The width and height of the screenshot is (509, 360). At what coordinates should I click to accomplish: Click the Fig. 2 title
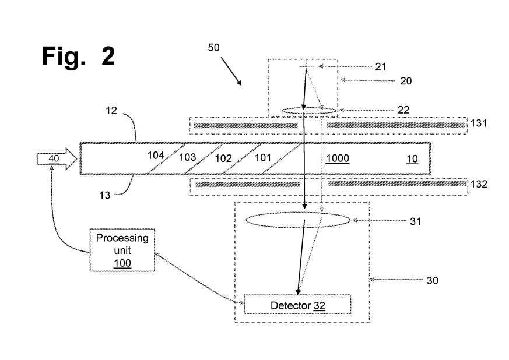pyautogui.click(x=78, y=57)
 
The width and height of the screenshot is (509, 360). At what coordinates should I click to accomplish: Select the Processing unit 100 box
pyautogui.click(x=122, y=250)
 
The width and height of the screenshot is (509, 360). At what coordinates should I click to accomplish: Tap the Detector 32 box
pyautogui.click(x=297, y=305)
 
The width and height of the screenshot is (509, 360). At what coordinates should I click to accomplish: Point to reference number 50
pyautogui.click(x=214, y=48)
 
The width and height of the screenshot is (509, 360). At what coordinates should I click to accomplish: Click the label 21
pyautogui.click(x=381, y=67)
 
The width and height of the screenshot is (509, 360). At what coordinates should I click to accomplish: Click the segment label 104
pyautogui.click(x=155, y=156)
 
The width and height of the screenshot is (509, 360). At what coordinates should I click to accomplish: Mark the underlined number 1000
pyautogui.click(x=338, y=158)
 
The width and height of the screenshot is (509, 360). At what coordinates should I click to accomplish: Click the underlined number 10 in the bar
pyautogui.click(x=412, y=158)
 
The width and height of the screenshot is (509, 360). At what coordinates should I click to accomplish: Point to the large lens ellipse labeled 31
pyautogui.click(x=298, y=220)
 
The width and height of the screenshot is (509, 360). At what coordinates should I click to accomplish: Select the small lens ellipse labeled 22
pyautogui.click(x=308, y=110)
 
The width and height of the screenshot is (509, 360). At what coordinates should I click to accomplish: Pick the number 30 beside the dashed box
pyautogui.click(x=432, y=280)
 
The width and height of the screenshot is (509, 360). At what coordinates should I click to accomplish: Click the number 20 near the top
pyautogui.click(x=406, y=81)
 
